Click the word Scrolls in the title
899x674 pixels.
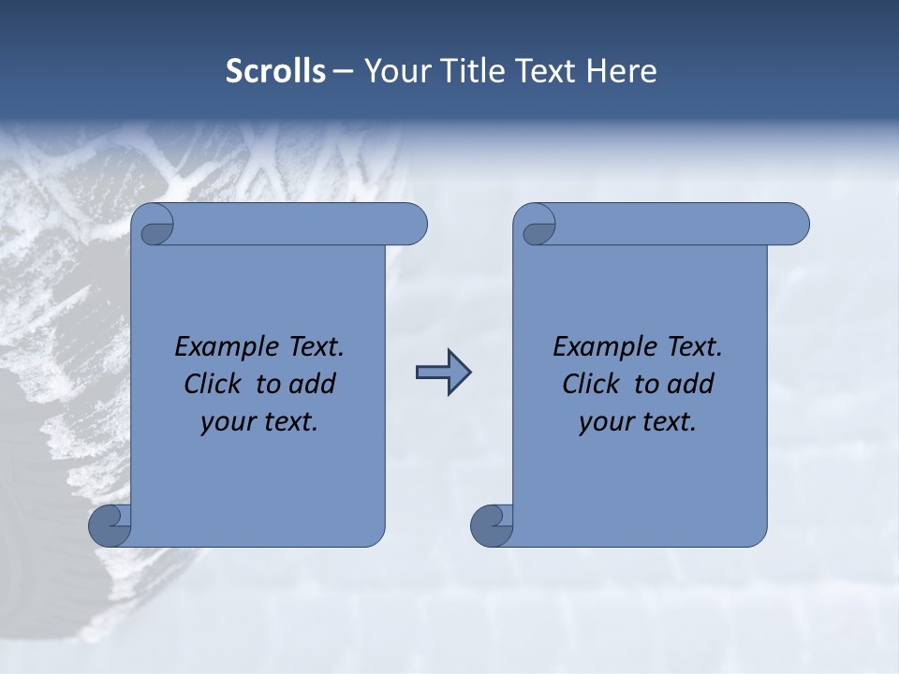point(276,71)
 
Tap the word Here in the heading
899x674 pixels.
point(621,71)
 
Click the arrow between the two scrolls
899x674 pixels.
point(443,373)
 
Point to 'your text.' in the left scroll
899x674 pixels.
point(259,422)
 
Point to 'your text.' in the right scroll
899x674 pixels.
point(638,422)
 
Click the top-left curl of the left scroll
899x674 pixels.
point(155,228)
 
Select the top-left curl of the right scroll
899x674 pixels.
point(537,228)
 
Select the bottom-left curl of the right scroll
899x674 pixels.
point(492,525)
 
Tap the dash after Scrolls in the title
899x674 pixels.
point(344,71)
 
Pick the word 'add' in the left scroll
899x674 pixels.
point(313,385)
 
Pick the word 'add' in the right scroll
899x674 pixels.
point(691,385)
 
